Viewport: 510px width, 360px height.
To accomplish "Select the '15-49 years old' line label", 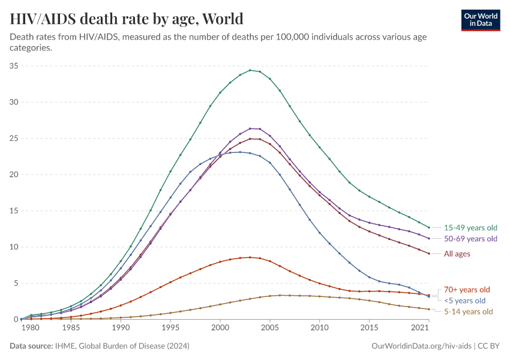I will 470,228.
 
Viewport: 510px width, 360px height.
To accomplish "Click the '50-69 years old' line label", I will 470,239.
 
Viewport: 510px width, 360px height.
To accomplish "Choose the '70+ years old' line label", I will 467,289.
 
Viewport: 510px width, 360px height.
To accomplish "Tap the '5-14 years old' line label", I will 468,311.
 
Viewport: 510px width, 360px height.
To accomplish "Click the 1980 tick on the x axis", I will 31,328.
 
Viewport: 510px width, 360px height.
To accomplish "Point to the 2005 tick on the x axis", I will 270,328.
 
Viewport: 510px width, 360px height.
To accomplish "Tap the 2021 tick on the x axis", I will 420,328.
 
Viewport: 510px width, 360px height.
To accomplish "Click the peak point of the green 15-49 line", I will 250,70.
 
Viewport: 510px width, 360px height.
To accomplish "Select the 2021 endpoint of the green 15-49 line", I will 429,227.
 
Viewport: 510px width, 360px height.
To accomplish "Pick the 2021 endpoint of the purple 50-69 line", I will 429,238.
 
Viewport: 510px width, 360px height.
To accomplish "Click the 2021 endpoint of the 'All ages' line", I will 429,253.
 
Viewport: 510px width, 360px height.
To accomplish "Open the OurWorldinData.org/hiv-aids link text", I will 421,346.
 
